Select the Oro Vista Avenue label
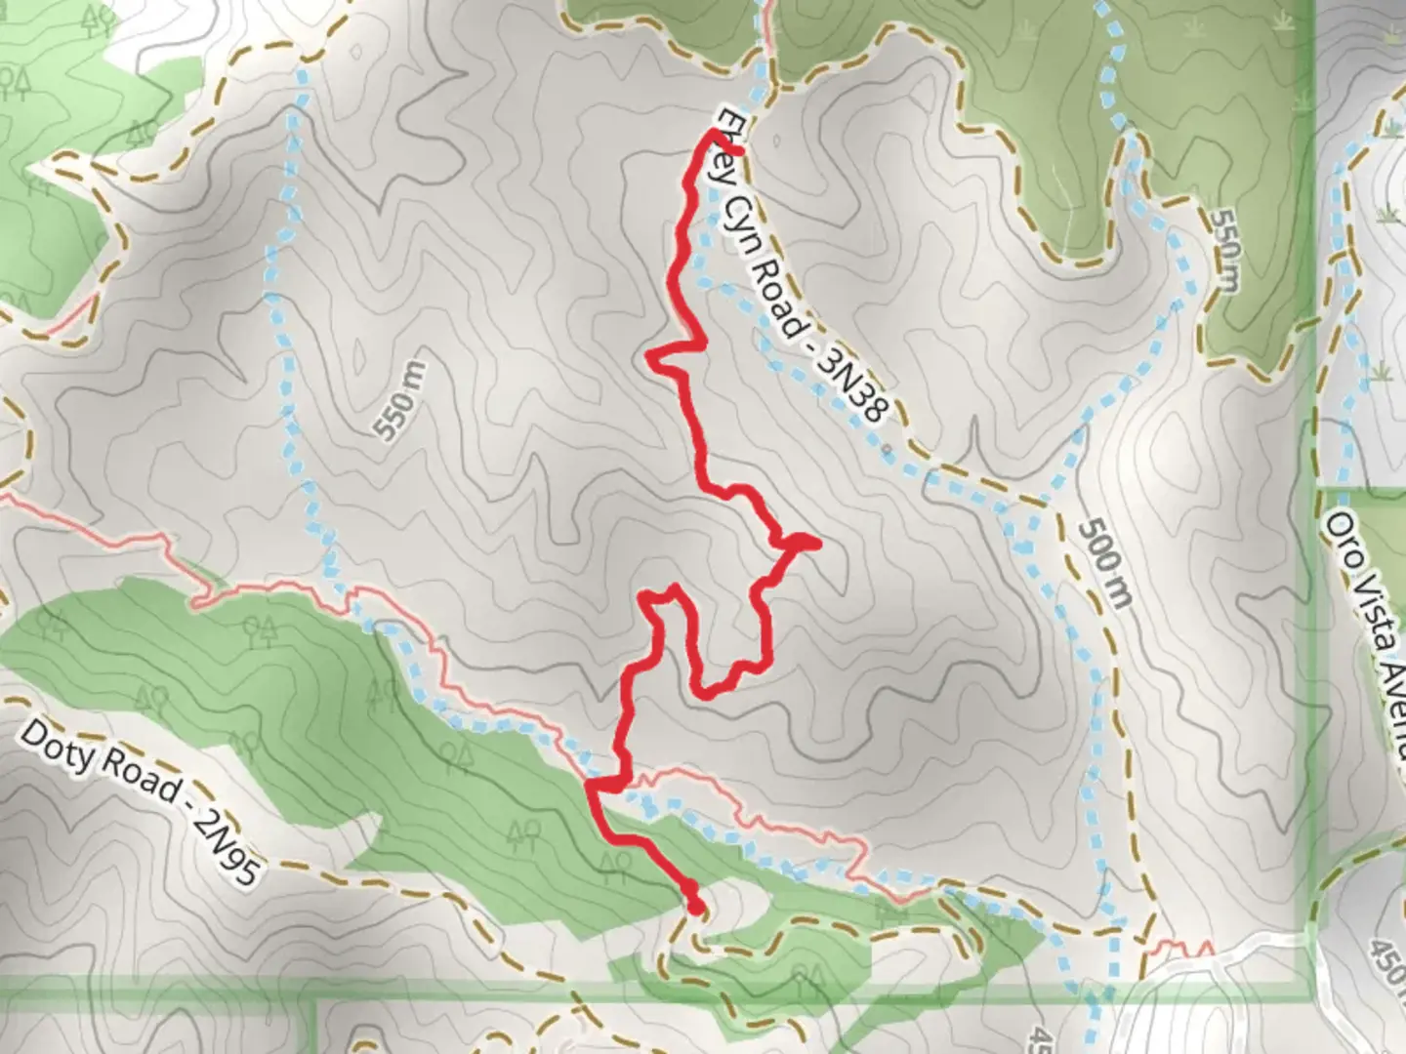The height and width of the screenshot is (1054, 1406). pyautogui.click(x=1367, y=634)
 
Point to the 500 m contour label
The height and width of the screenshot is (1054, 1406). pyautogui.click(x=1105, y=563)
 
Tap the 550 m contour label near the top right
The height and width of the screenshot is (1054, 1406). pyautogui.click(x=1224, y=248)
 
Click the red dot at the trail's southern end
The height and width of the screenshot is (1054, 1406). pyautogui.click(x=694, y=908)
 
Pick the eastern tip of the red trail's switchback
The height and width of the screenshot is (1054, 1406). pyautogui.click(x=814, y=542)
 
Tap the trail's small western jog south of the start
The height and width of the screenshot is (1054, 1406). pyautogui.click(x=652, y=355)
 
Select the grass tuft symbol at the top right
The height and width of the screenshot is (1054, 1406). pyautogui.click(x=1388, y=127)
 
